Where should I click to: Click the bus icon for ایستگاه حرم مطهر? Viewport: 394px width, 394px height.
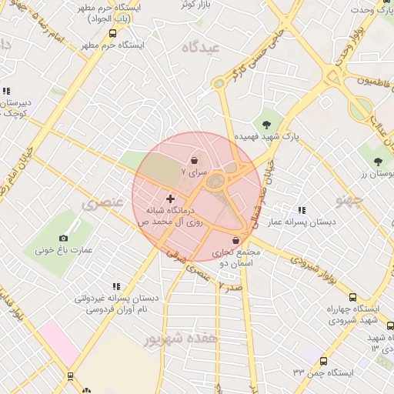point(113,33)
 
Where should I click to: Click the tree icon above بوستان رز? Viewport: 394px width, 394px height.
point(377,161)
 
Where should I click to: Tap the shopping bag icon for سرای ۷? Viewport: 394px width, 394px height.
point(194,160)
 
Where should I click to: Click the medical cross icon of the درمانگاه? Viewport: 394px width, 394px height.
point(170,199)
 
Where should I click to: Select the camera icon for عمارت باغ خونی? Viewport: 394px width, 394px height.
point(63,238)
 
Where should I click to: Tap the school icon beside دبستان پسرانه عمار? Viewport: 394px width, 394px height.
point(301,209)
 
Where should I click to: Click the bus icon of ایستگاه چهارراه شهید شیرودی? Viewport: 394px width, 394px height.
point(352,297)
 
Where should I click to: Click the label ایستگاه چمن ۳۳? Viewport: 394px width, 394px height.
point(322,372)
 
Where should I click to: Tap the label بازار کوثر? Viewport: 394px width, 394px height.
point(195,5)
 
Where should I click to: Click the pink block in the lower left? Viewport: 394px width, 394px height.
point(59,343)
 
